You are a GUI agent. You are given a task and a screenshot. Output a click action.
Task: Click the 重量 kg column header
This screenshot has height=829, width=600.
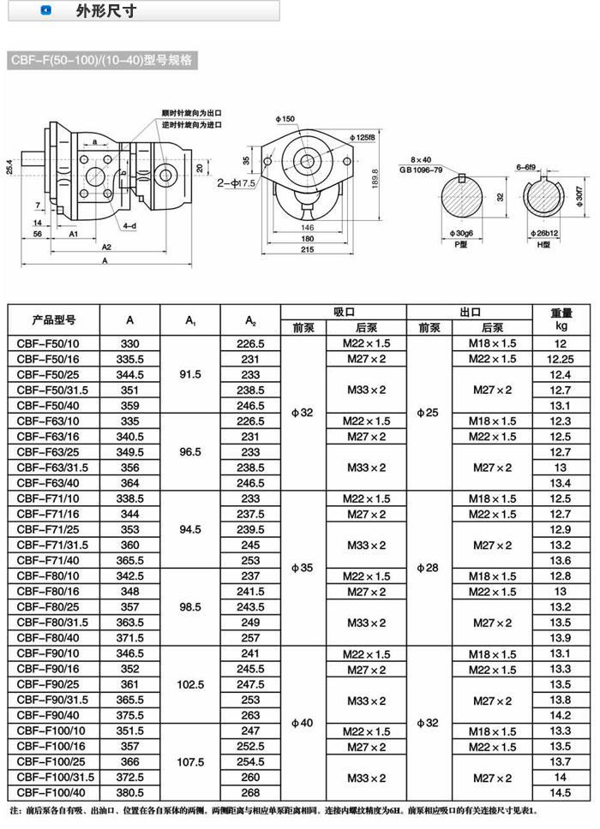[561, 319]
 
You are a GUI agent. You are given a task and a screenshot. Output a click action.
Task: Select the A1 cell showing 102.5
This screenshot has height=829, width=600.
[189, 684]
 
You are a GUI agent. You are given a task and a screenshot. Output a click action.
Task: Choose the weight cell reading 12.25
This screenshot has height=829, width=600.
[561, 359]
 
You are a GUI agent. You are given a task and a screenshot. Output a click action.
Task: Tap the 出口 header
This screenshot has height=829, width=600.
[468, 312]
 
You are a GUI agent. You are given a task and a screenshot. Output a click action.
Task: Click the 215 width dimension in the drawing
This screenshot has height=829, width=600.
[307, 250]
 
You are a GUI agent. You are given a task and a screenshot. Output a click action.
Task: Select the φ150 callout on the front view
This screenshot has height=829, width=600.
[285, 118]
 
